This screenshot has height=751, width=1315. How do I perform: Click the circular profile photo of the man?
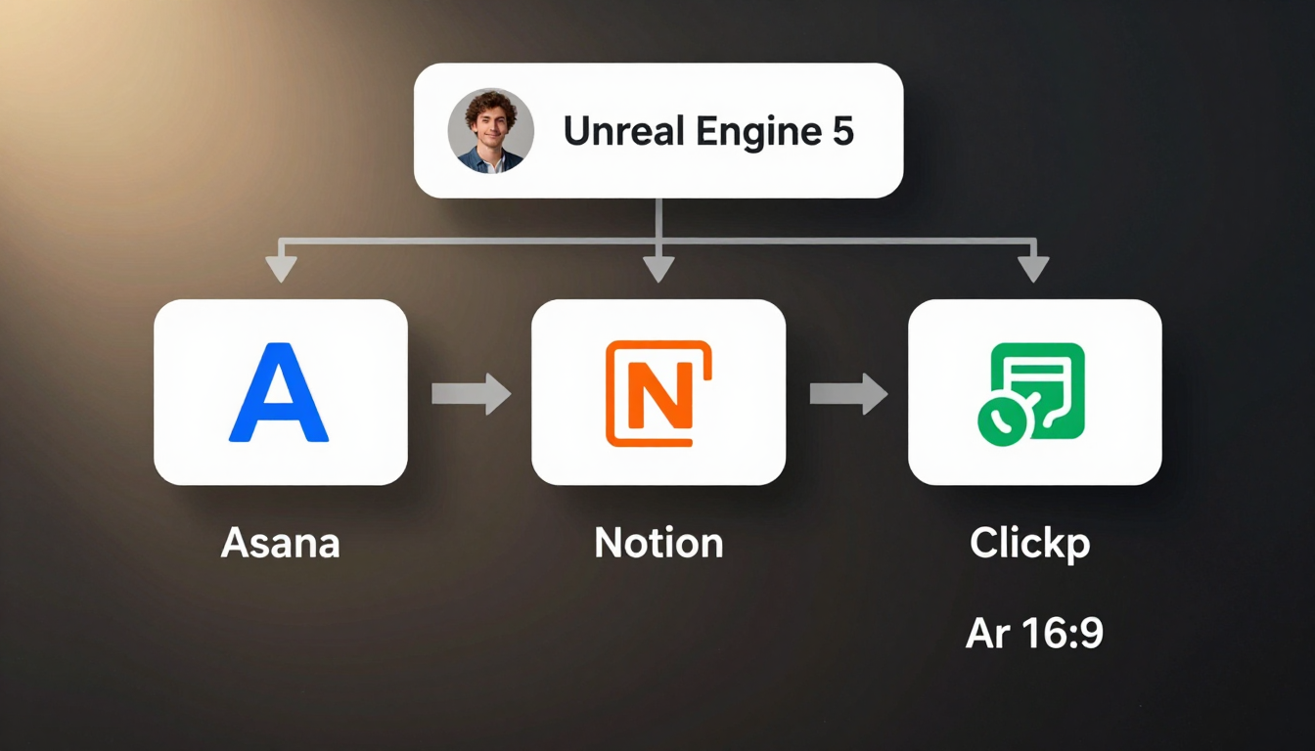point(491,131)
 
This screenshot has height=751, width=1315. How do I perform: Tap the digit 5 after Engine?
point(843,131)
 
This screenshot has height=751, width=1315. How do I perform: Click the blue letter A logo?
point(279,392)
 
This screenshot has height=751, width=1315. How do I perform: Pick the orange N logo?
point(658,393)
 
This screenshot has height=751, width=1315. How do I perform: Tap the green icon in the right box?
point(1032,389)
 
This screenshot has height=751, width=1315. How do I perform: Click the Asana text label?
point(280,542)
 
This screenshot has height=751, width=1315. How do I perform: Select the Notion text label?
point(658,542)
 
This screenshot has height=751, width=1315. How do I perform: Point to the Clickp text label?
point(1029,544)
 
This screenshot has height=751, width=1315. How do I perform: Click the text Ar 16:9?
point(1034,634)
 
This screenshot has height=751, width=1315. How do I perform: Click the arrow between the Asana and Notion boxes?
point(471,393)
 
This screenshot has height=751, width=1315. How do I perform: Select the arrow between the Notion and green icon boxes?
point(848,393)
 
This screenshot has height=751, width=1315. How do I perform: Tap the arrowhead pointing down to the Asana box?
point(281,268)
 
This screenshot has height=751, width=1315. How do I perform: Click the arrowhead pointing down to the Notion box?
point(658,268)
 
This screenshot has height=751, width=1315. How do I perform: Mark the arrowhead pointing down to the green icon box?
point(1033,268)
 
